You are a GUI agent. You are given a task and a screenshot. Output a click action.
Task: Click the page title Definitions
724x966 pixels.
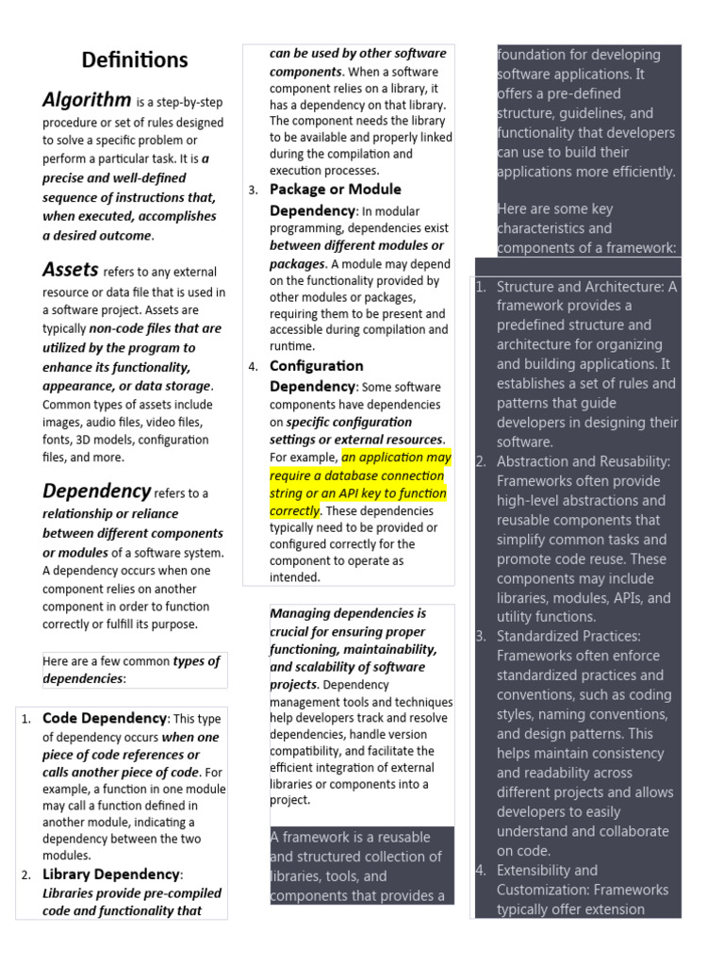tap(135, 60)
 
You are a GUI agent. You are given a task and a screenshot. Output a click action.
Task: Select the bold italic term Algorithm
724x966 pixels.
tap(87, 100)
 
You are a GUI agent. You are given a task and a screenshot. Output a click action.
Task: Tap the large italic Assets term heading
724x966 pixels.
tap(70, 270)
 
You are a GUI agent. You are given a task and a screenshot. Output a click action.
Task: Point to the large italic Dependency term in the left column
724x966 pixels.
tap(96, 491)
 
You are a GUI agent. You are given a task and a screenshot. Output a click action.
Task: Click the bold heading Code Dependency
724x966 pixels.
tap(104, 718)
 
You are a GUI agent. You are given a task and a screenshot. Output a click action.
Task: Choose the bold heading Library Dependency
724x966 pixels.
tap(111, 874)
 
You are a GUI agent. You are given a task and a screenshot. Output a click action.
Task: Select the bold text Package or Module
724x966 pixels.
tap(335, 190)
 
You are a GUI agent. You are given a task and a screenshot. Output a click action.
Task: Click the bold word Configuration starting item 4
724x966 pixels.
tap(316, 365)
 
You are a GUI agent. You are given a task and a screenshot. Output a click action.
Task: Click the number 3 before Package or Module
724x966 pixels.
tap(254, 192)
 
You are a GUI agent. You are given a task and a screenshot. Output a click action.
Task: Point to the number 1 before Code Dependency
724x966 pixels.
tap(26, 720)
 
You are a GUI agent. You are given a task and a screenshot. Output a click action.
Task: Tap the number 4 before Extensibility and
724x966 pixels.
tap(481, 871)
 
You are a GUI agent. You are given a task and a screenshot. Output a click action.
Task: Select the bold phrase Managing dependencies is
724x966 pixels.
tap(348, 613)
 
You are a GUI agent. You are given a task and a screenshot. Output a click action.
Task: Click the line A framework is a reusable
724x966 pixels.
tap(350, 837)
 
